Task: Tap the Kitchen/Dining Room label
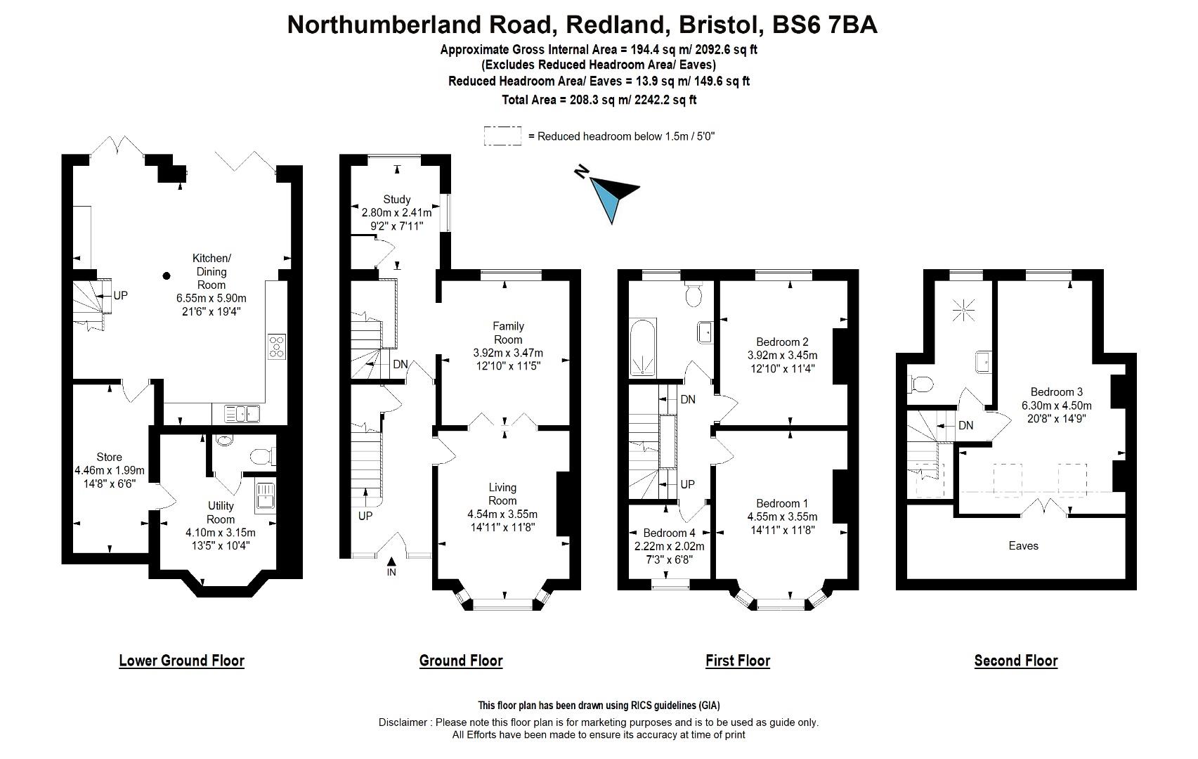click(x=211, y=271)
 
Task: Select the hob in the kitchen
click(x=276, y=346)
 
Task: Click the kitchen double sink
click(x=242, y=414)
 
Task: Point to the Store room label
click(x=109, y=458)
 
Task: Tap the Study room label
click(x=397, y=200)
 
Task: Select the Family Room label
click(x=508, y=332)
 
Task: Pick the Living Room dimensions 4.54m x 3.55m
click(x=502, y=514)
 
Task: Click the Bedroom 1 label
click(x=782, y=503)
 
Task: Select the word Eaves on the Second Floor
click(x=1023, y=545)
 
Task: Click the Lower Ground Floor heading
click(x=181, y=661)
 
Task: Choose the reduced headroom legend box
click(x=502, y=136)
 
